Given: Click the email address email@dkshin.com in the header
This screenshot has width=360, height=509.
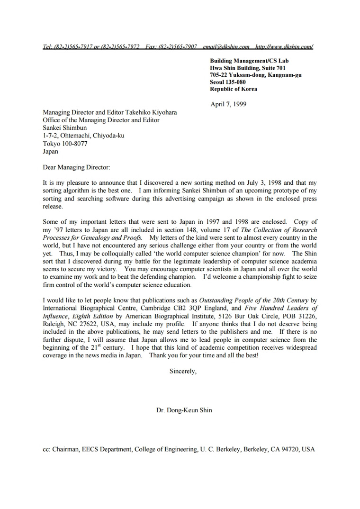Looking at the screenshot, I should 226,47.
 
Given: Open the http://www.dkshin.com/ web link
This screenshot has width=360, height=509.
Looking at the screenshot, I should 284,47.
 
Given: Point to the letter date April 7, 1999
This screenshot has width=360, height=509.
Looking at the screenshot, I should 228,104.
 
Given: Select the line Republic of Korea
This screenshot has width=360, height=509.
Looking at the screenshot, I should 234,89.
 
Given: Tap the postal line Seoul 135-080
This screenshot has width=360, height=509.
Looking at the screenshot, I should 228,82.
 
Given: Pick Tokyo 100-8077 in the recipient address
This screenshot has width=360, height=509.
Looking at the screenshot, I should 65,144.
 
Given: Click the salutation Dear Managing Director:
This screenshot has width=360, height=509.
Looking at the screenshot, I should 76,167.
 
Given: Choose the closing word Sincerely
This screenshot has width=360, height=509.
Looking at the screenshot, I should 182,371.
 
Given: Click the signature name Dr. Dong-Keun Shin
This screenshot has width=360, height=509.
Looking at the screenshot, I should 184,410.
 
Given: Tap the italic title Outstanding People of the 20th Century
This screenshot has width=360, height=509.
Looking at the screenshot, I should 253,300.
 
